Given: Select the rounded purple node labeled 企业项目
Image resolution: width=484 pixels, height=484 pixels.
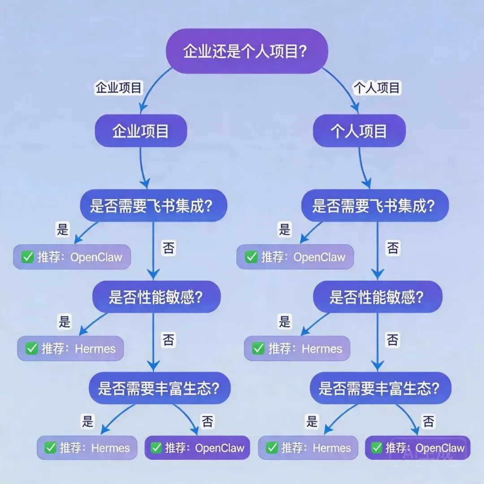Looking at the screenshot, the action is pyautogui.click(x=140, y=131).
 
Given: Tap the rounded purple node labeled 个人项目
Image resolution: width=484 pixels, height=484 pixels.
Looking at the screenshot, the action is pyautogui.click(x=359, y=131).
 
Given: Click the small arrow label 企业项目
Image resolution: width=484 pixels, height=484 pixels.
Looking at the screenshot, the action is pyautogui.click(x=118, y=87).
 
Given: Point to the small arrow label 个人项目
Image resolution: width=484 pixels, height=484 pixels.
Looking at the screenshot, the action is pyautogui.click(x=377, y=87).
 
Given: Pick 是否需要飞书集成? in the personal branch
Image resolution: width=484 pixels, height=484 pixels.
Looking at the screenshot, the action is pyautogui.click(x=374, y=206).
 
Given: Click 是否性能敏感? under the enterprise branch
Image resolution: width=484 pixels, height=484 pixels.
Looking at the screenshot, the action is pyautogui.click(x=156, y=297).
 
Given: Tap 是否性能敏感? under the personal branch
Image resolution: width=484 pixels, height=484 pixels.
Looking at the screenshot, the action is pyautogui.click(x=377, y=297).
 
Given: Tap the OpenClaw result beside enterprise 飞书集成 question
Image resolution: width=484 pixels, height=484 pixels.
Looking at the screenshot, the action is pyautogui.click(x=72, y=257).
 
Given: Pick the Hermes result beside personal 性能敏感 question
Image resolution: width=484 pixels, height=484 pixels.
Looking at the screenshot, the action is pyautogui.click(x=297, y=348).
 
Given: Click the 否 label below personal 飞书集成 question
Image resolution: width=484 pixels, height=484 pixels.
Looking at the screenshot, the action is pyautogui.click(x=393, y=248).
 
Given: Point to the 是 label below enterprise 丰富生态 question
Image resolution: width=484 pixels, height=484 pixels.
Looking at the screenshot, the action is pyautogui.click(x=87, y=421).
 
